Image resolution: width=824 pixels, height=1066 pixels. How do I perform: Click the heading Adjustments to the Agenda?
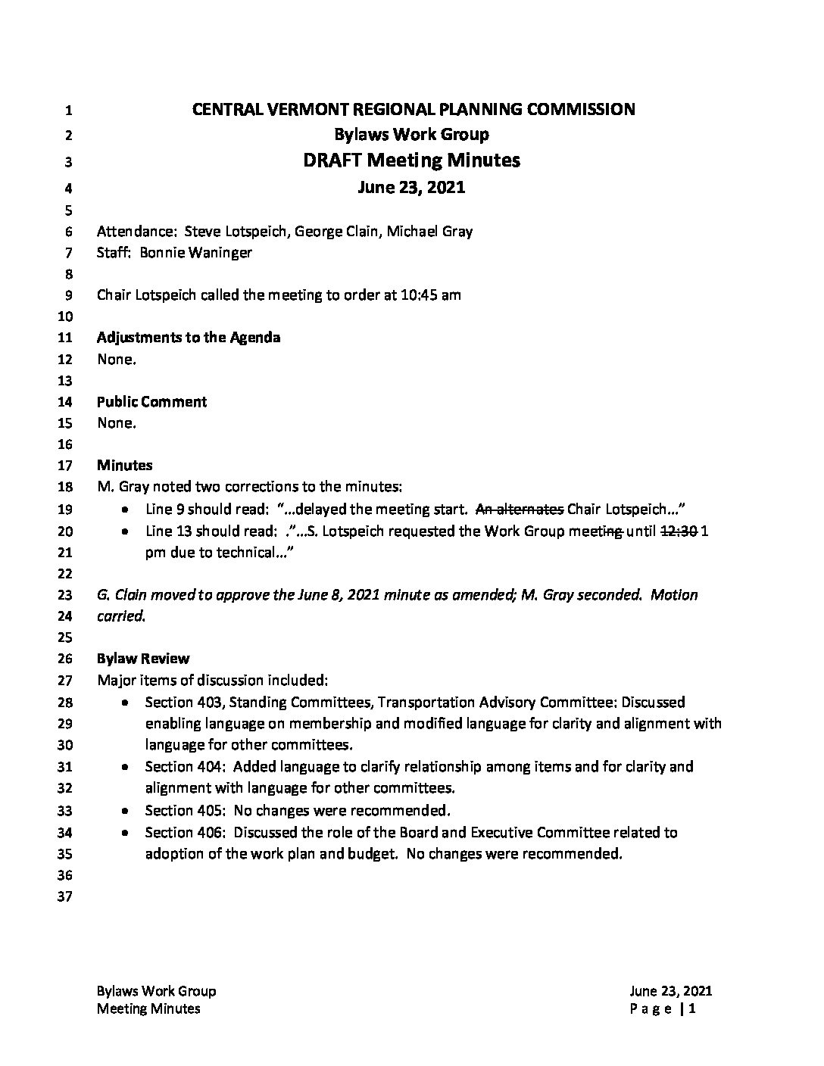[x=189, y=338]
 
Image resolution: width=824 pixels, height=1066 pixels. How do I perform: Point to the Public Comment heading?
[x=151, y=402]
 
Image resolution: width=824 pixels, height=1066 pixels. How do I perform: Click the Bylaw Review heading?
[x=143, y=659]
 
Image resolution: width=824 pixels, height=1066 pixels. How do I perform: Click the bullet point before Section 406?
[x=124, y=834]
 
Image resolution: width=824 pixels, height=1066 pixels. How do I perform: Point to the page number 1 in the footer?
[x=692, y=1008]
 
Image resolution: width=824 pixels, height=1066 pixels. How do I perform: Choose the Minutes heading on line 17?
[x=125, y=466]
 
